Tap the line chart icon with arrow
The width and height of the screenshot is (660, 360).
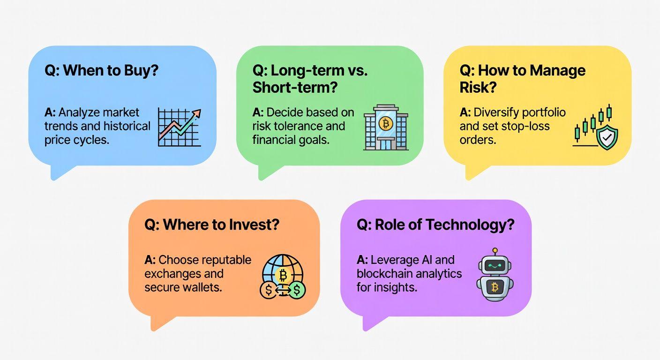pos(180,127)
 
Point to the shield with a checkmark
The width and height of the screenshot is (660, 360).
pos(607,136)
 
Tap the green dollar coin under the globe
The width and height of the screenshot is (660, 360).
pos(296,290)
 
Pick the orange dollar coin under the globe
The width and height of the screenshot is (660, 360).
pos(269,290)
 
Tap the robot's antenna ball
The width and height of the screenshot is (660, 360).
pos(495,250)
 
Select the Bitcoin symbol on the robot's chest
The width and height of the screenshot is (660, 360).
pos(495,287)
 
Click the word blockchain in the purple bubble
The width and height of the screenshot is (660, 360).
pos(388,274)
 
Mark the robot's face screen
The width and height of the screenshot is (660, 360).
pos(495,266)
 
